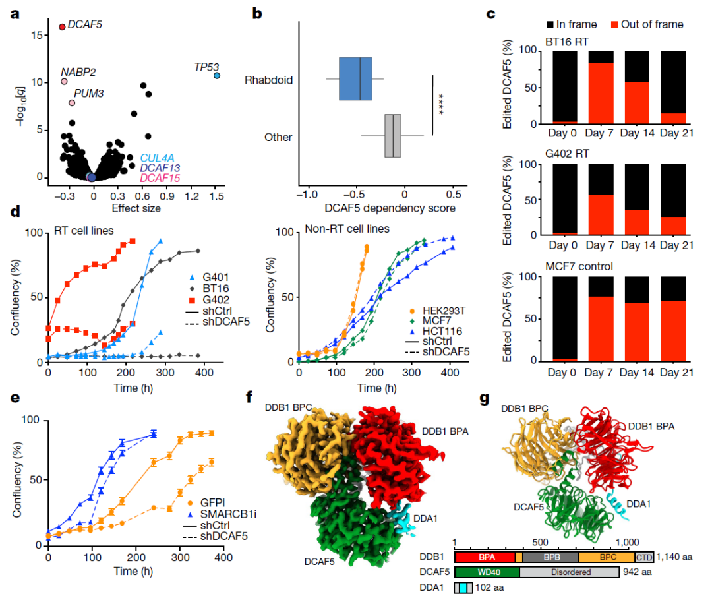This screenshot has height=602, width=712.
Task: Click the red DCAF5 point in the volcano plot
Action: pyautogui.click(x=62, y=27)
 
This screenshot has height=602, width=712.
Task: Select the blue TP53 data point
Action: pyautogui.click(x=217, y=75)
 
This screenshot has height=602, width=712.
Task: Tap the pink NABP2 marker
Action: pyautogui.click(x=64, y=82)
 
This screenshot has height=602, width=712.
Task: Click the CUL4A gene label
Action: pyautogui.click(x=157, y=158)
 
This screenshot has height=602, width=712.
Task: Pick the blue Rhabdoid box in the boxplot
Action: pyautogui.click(x=355, y=78)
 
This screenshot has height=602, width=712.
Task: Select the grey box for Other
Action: pyautogui.click(x=393, y=136)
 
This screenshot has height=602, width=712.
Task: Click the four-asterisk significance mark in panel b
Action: pyautogui.click(x=440, y=104)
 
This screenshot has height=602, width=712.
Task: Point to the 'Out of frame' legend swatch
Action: pyautogui.click(x=614, y=24)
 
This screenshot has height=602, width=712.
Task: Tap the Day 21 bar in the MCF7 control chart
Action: pyautogui.click(x=673, y=318)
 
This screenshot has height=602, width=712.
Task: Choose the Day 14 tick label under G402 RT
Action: pyautogui.click(x=638, y=245)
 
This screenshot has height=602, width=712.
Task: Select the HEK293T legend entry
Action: pyautogui.click(x=437, y=311)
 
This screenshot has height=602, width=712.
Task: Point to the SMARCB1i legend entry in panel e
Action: pyautogui.click(x=222, y=514)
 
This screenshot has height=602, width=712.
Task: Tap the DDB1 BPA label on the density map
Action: pyautogui.click(x=445, y=431)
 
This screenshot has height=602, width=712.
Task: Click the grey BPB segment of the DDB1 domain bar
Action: pyautogui.click(x=550, y=557)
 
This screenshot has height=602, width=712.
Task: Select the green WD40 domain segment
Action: pyautogui.click(x=487, y=572)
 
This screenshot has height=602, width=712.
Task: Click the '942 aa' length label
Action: pyautogui.click(x=637, y=572)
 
